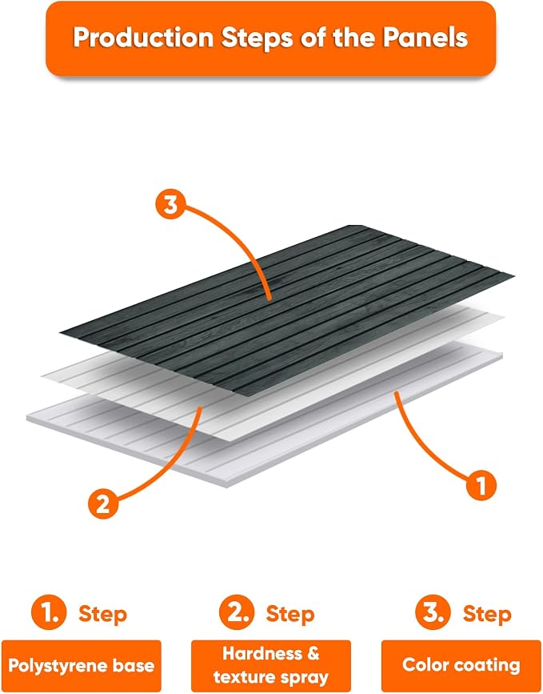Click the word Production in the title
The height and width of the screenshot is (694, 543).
143,37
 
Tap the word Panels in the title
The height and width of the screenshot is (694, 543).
425,37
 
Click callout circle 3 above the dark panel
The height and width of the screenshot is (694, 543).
170,205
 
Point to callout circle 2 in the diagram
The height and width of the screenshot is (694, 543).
103,503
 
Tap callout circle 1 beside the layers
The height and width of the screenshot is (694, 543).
481,485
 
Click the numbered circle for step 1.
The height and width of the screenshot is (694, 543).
49,612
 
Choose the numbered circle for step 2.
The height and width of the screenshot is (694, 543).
237,612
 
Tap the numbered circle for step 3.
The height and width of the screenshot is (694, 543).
433,612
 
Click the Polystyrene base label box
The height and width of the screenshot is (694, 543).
82,666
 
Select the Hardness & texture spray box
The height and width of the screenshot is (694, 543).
271,666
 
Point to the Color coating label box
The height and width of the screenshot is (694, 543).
461,666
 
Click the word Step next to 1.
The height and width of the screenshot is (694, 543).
102,615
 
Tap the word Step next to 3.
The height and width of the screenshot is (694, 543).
487,615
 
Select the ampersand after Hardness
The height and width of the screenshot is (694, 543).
313,653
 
